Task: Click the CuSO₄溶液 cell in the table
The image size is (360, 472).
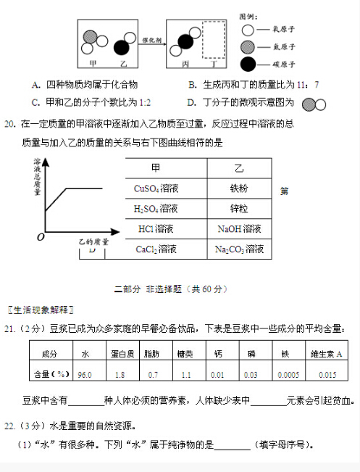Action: (156, 189)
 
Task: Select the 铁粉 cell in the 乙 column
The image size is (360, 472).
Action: (239, 189)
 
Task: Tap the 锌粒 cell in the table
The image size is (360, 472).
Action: (239, 209)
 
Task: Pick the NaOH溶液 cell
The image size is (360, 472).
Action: (239, 229)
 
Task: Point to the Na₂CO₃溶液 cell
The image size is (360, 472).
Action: (239, 249)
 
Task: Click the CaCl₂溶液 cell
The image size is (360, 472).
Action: (156, 249)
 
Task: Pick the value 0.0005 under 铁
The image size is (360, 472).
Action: (288, 374)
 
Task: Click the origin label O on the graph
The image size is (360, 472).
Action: (41, 236)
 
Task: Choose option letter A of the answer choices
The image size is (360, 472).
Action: (35, 85)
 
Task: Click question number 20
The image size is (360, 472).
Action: (9, 124)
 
